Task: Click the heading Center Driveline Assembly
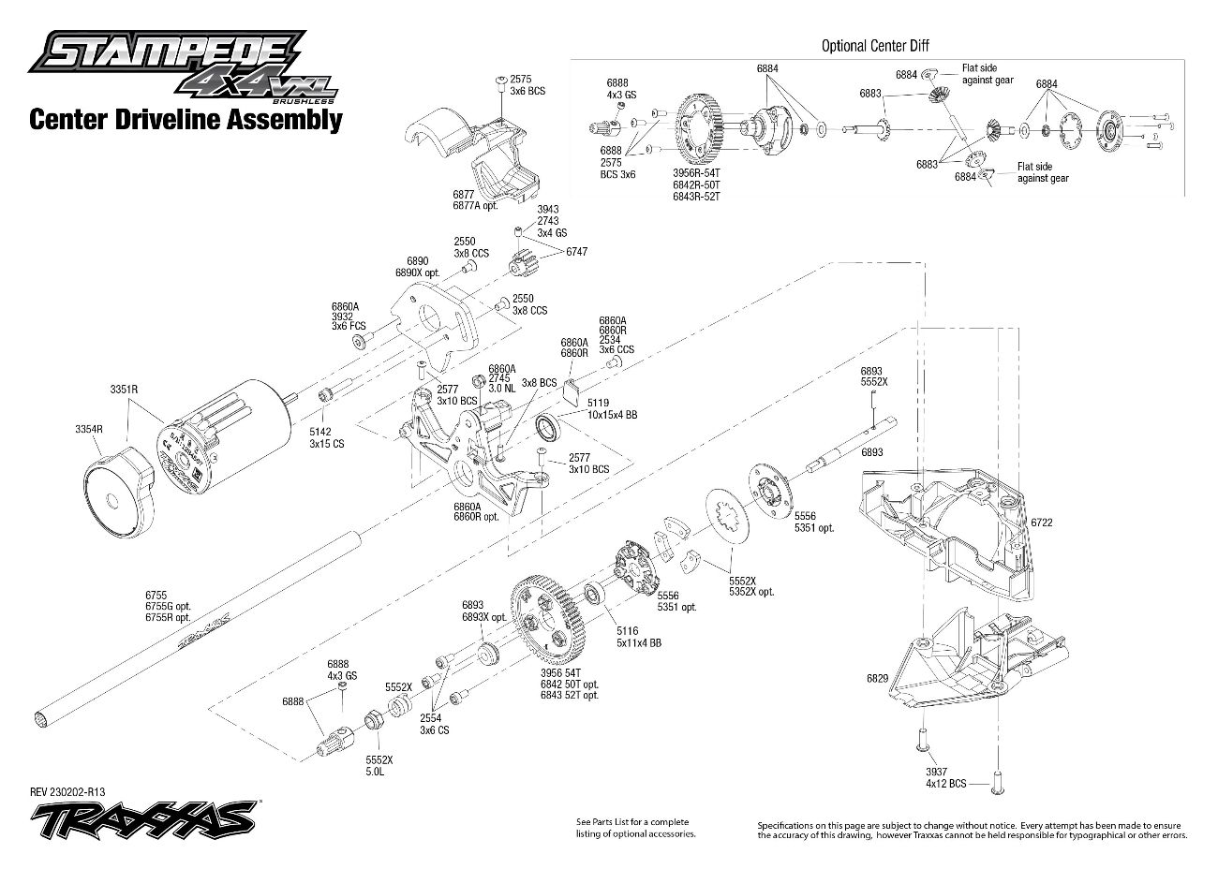coord(186,120)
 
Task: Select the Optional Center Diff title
coord(875,45)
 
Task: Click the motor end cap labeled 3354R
coord(118,496)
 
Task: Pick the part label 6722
coord(1041,523)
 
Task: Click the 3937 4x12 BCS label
coord(941,777)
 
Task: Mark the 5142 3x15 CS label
coord(325,437)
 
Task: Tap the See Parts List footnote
coord(635,828)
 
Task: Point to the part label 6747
coord(577,252)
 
